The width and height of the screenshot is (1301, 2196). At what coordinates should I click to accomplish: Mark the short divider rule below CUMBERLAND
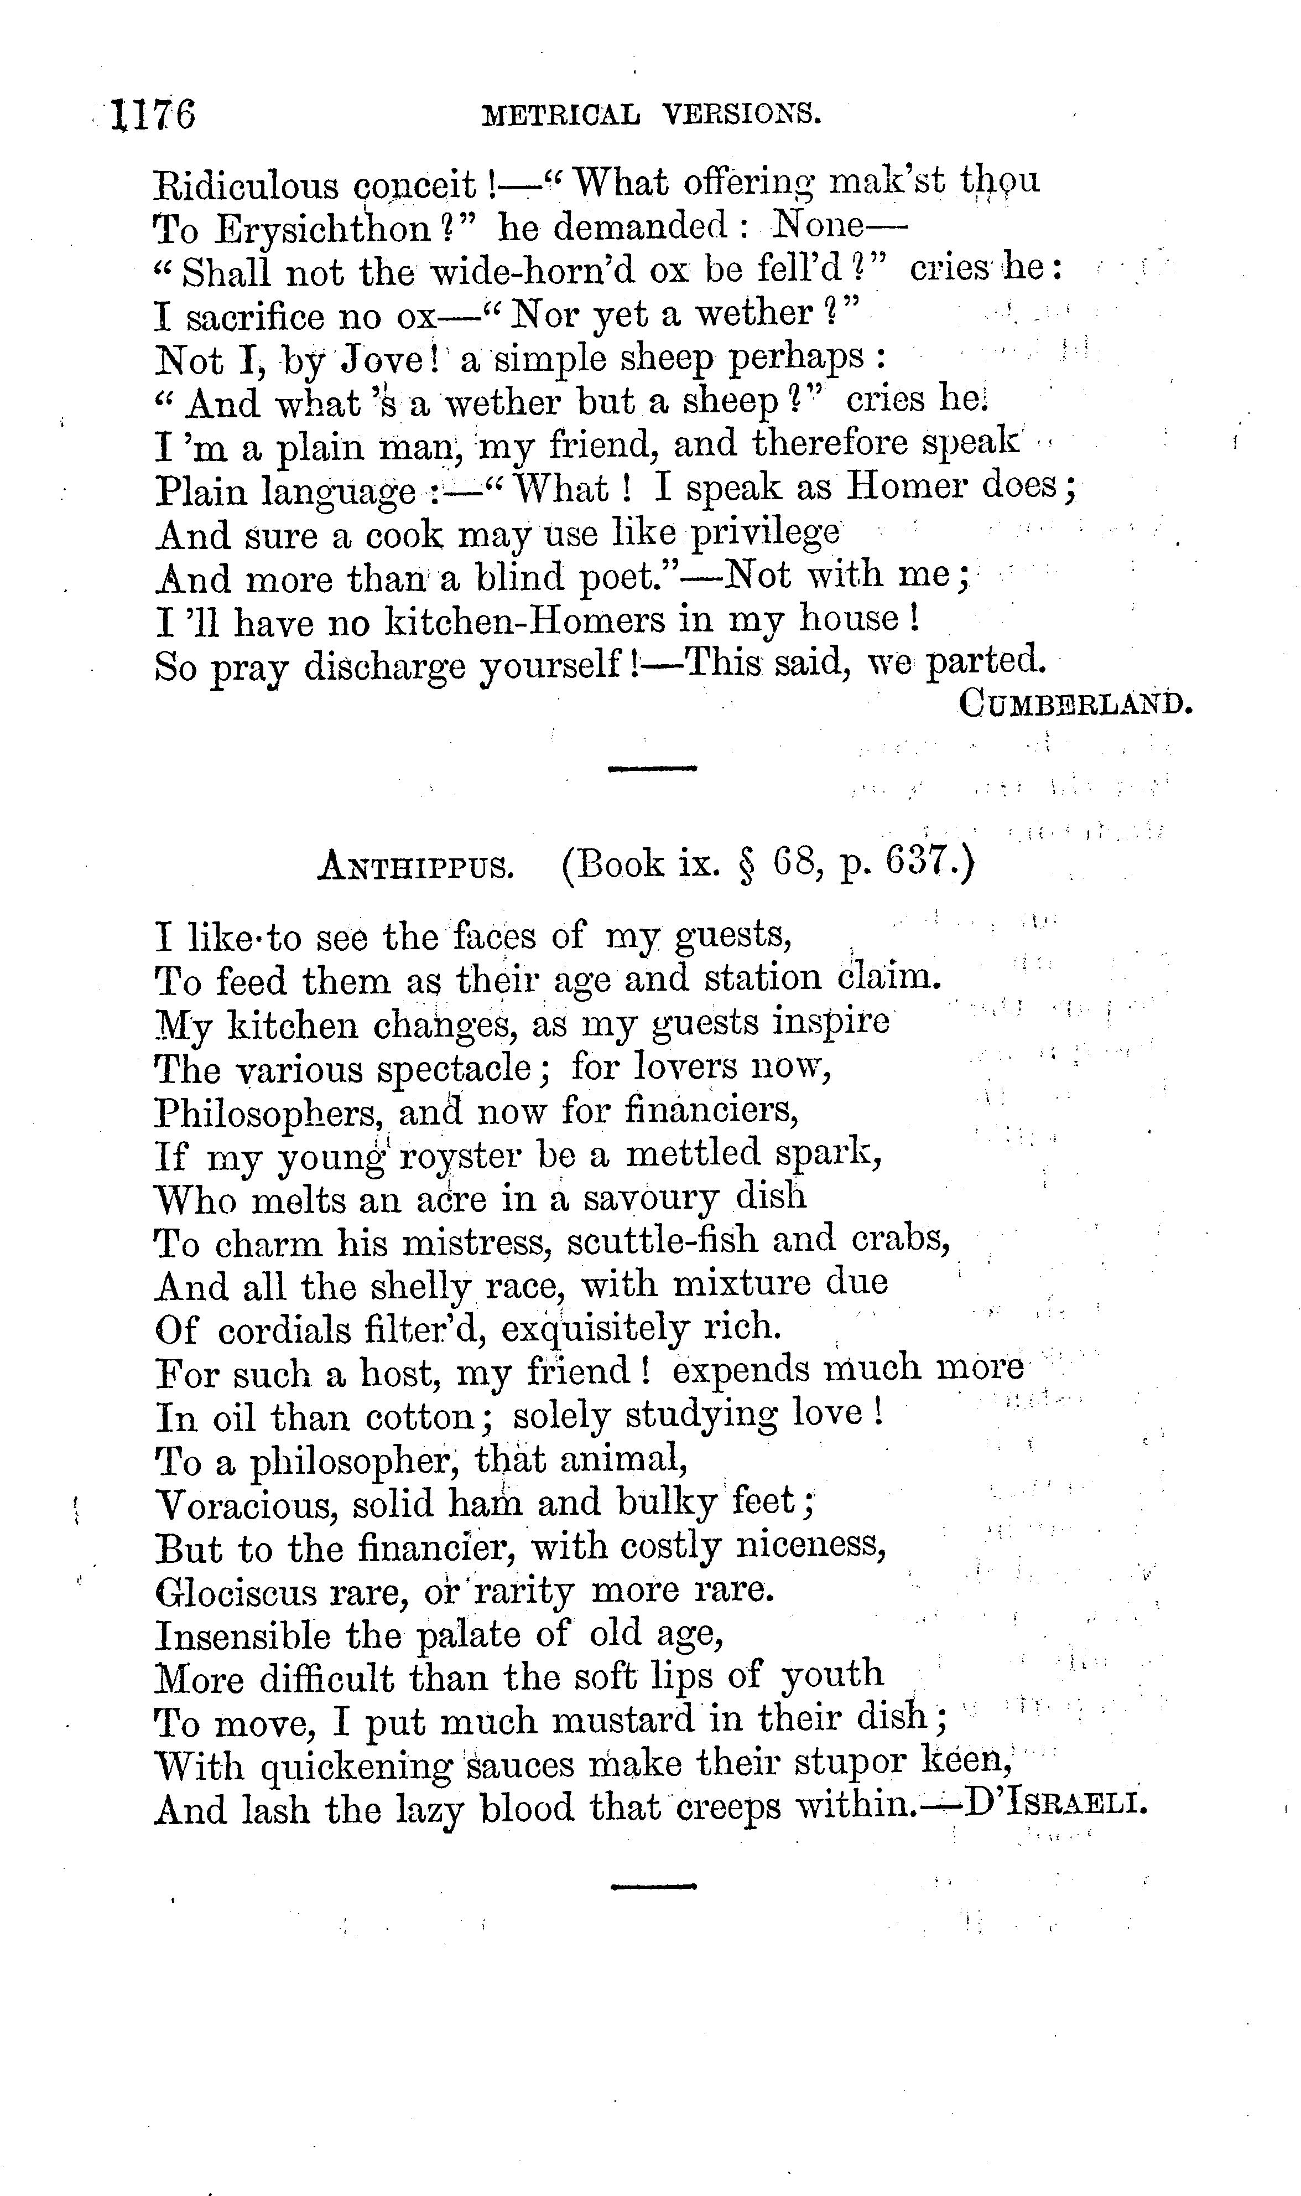pos(652,768)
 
